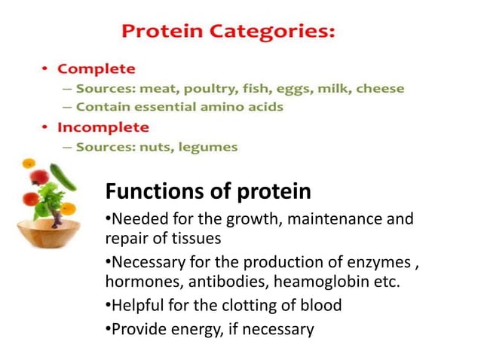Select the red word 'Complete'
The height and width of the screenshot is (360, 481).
pos(97,69)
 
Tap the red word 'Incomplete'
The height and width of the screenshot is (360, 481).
pos(103,127)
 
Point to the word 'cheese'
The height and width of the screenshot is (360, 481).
pos(380,89)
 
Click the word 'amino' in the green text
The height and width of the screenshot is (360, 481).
pos(235,107)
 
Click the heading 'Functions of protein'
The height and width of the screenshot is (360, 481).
pos(207,191)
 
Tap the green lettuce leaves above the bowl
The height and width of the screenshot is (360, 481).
pos(47,200)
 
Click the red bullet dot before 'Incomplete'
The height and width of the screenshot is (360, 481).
pos(45,127)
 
